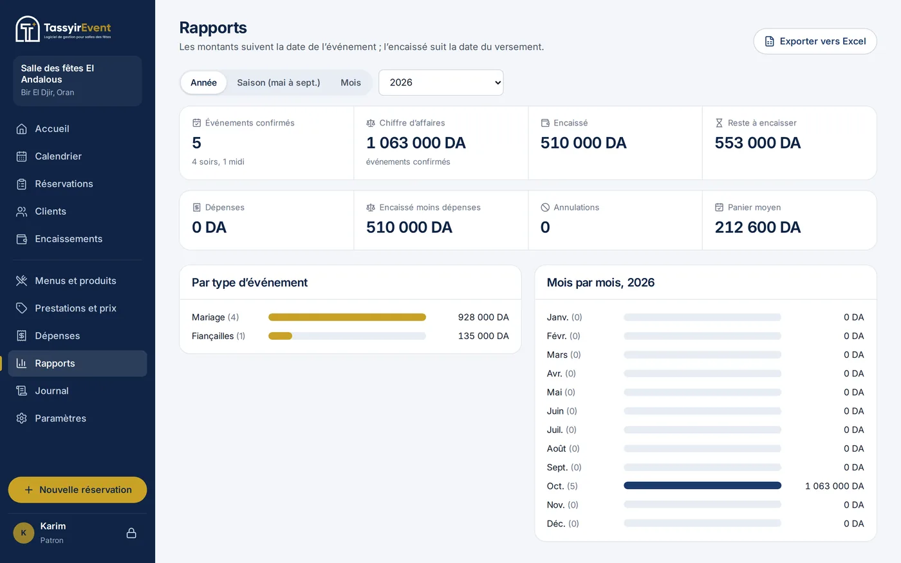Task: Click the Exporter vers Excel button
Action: point(815,41)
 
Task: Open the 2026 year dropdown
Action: point(441,82)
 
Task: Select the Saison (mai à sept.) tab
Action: point(278,82)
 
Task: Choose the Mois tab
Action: point(351,82)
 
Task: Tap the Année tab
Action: point(203,82)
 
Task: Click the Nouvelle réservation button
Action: point(78,490)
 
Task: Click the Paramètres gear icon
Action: point(21,418)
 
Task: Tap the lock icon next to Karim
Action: point(131,533)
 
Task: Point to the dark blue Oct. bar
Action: point(702,486)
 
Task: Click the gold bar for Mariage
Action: point(347,317)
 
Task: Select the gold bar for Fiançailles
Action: point(280,336)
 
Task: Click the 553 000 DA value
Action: point(757,143)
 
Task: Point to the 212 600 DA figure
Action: point(757,227)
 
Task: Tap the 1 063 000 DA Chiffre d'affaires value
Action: point(416,143)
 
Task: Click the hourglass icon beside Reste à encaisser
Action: point(720,123)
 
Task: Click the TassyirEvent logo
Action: point(63,28)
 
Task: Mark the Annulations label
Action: point(576,207)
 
